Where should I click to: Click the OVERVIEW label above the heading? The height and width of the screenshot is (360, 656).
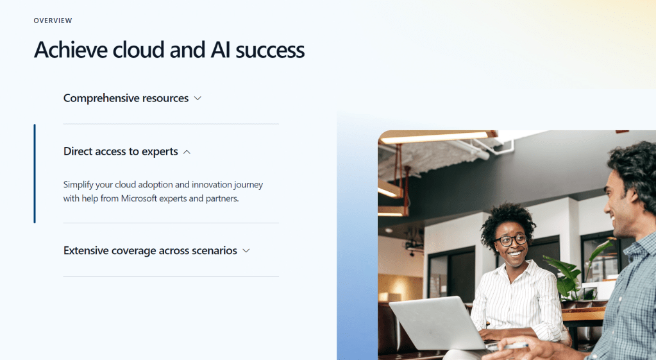click(53, 21)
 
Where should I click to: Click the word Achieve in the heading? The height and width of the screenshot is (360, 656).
click(71, 50)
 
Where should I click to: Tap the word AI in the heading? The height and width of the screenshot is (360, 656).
click(220, 50)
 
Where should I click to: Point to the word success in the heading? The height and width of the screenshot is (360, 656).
click(270, 51)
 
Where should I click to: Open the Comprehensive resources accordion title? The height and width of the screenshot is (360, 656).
click(126, 98)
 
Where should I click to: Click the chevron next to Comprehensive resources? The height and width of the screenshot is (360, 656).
click(198, 98)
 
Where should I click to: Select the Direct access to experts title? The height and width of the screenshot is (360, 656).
click(121, 151)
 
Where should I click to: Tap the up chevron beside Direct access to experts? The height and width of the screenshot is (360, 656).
click(187, 152)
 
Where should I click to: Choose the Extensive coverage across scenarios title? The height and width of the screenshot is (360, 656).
click(150, 250)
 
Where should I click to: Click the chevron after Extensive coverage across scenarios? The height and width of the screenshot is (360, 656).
click(246, 251)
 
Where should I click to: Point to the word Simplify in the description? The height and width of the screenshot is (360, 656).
click(78, 185)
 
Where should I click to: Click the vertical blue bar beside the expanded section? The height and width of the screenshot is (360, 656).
click(35, 174)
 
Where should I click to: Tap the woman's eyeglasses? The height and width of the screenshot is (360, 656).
click(510, 240)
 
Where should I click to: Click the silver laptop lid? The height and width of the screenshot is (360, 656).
click(436, 321)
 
